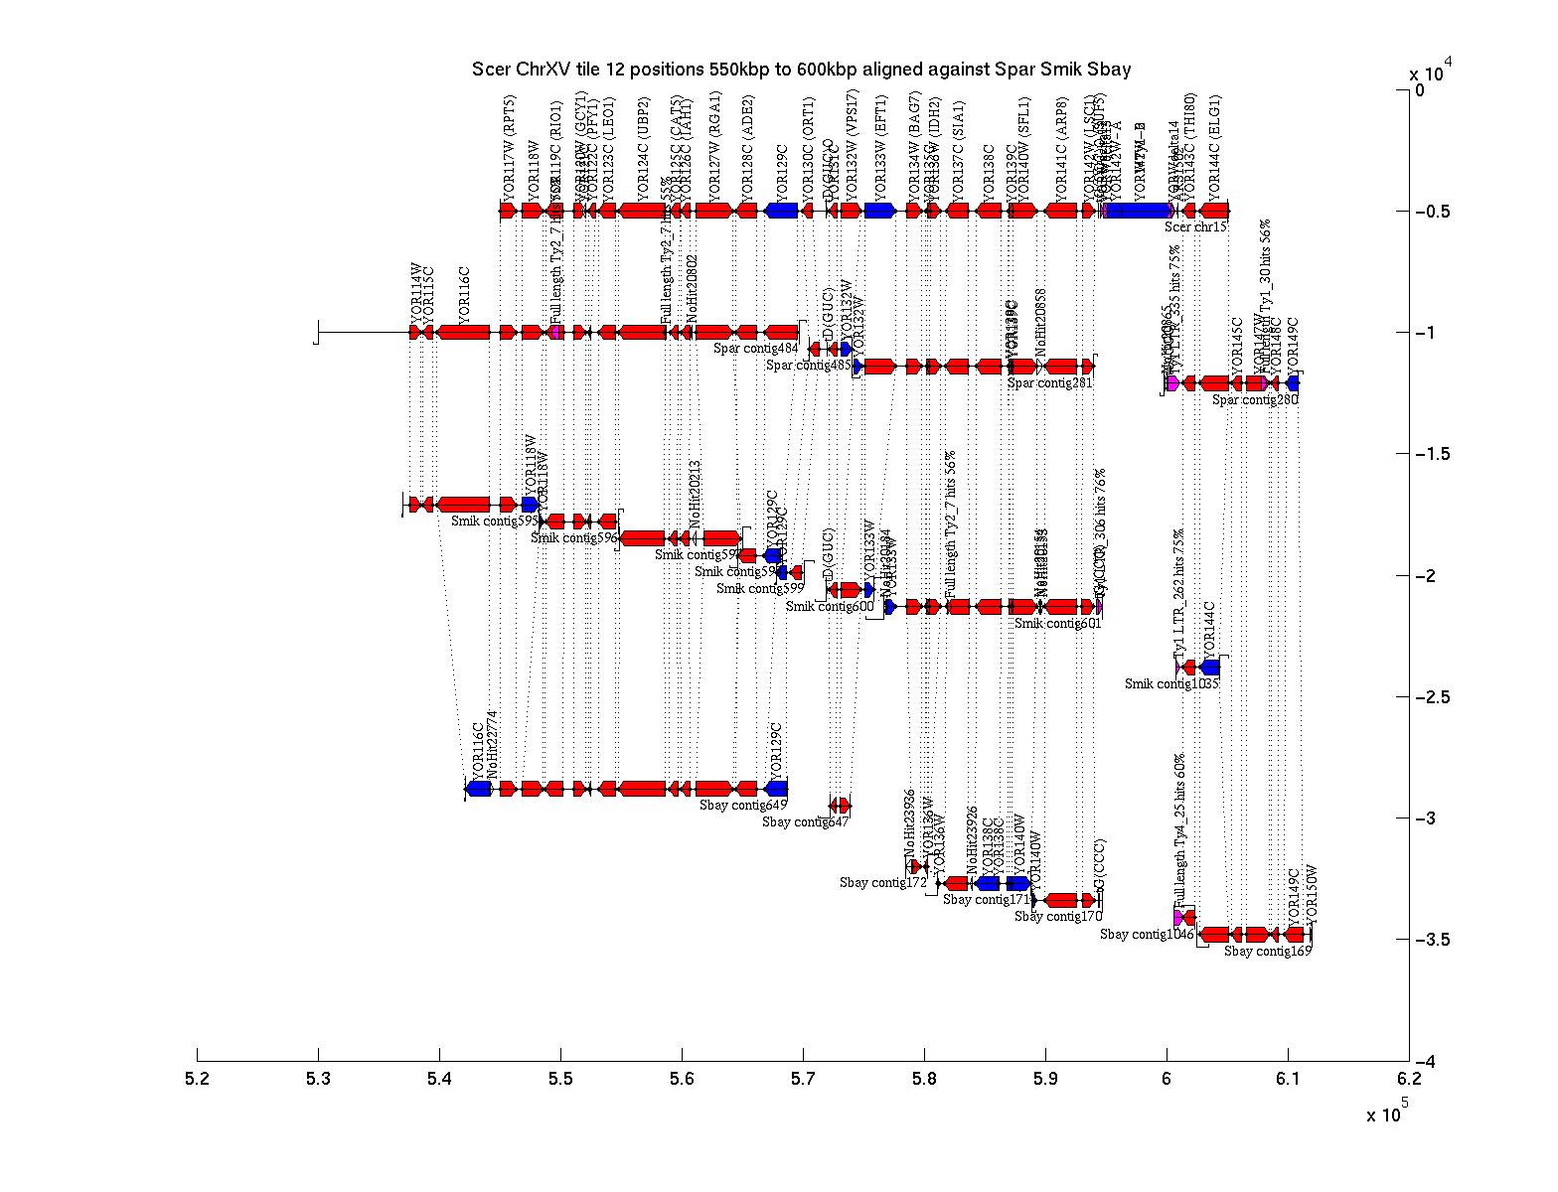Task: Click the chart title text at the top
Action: tap(801, 70)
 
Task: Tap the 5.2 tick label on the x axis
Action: tap(198, 1078)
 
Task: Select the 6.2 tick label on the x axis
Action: tap(1408, 1078)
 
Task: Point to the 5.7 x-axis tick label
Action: tap(803, 1078)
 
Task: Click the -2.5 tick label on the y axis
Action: tap(1433, 697)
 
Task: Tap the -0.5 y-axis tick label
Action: tap(1433, 212)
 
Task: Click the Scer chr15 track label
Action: tap(1195, 227)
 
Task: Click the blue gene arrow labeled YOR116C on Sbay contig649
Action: tap(479, 789)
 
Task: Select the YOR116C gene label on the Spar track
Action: tap(464, 295)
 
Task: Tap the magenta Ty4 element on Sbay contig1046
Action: tap(1178, 918)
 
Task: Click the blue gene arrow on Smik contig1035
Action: tap(1209, 668)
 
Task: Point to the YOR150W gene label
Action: tap(1311, 888)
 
